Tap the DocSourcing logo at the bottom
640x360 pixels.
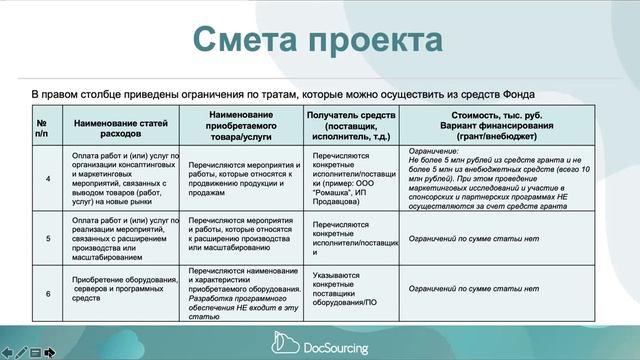[x=320, y=348]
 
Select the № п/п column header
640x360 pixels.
[x=42, y=125]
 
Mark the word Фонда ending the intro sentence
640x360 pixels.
[x=571, y=93]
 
